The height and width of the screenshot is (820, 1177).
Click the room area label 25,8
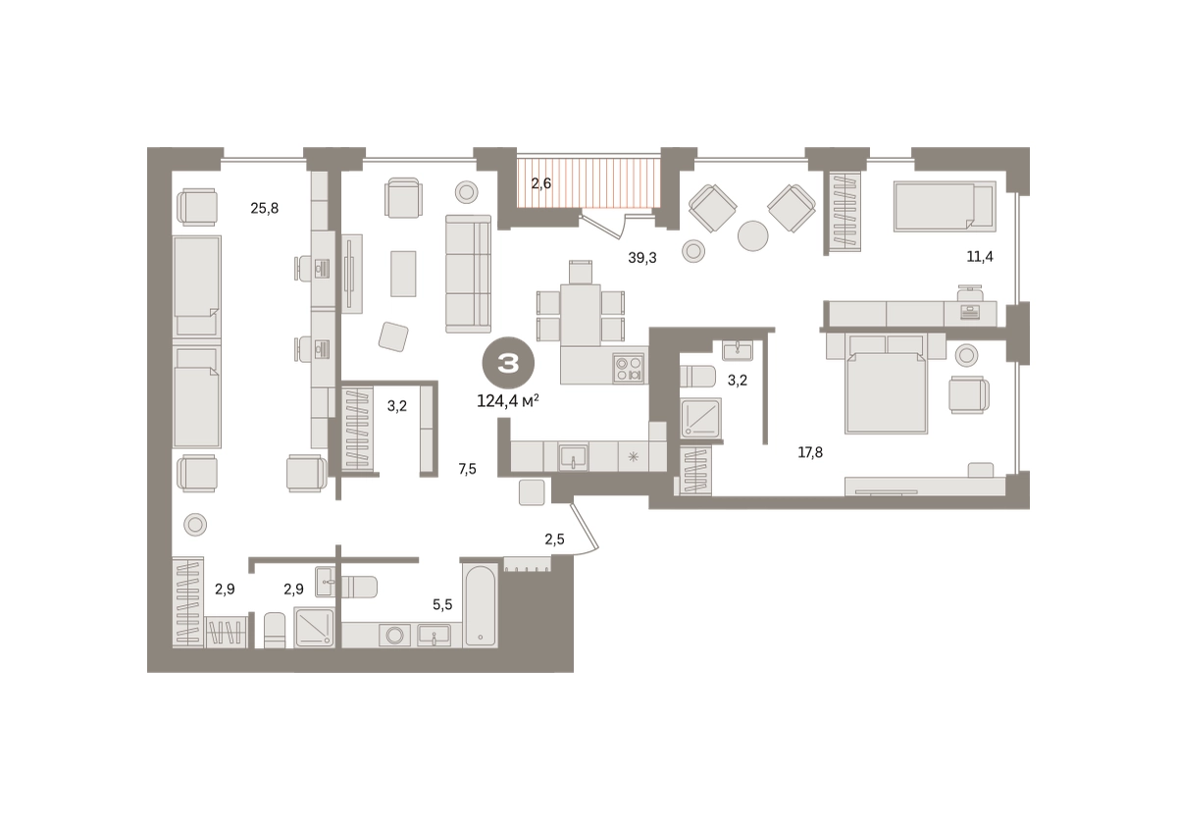[x=264, y=209]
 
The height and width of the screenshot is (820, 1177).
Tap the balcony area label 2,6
[x=540, y=183]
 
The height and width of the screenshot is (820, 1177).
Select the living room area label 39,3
[x=642, y=258]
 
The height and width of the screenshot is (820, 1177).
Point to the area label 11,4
[x=980, y=257]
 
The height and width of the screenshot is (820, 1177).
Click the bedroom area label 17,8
[x=810, y=452]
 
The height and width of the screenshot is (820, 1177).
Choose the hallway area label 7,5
[x=467, y=469]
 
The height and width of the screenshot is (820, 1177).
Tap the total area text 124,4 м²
[x=508, y=401]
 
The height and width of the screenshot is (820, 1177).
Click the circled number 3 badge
[x=508, y=364]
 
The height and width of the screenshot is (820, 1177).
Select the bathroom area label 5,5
[x=442, y=604]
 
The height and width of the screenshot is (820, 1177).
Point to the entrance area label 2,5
[x=554, y=538]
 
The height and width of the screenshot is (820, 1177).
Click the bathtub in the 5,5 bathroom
[x=480, y=604]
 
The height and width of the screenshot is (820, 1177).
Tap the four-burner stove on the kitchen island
[x=629, y=368]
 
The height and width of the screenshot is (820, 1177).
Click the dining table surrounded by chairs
[x=580, y=315]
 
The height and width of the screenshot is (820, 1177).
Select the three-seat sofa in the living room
[x=468, y=274]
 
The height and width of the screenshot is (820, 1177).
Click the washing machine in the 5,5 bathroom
[x=394, y=635]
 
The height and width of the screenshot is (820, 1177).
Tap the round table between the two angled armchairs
[x=752, y=235]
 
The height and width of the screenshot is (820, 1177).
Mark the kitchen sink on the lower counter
[x=573, y=457]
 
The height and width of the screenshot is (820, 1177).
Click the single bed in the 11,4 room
[x=945, y=206]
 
